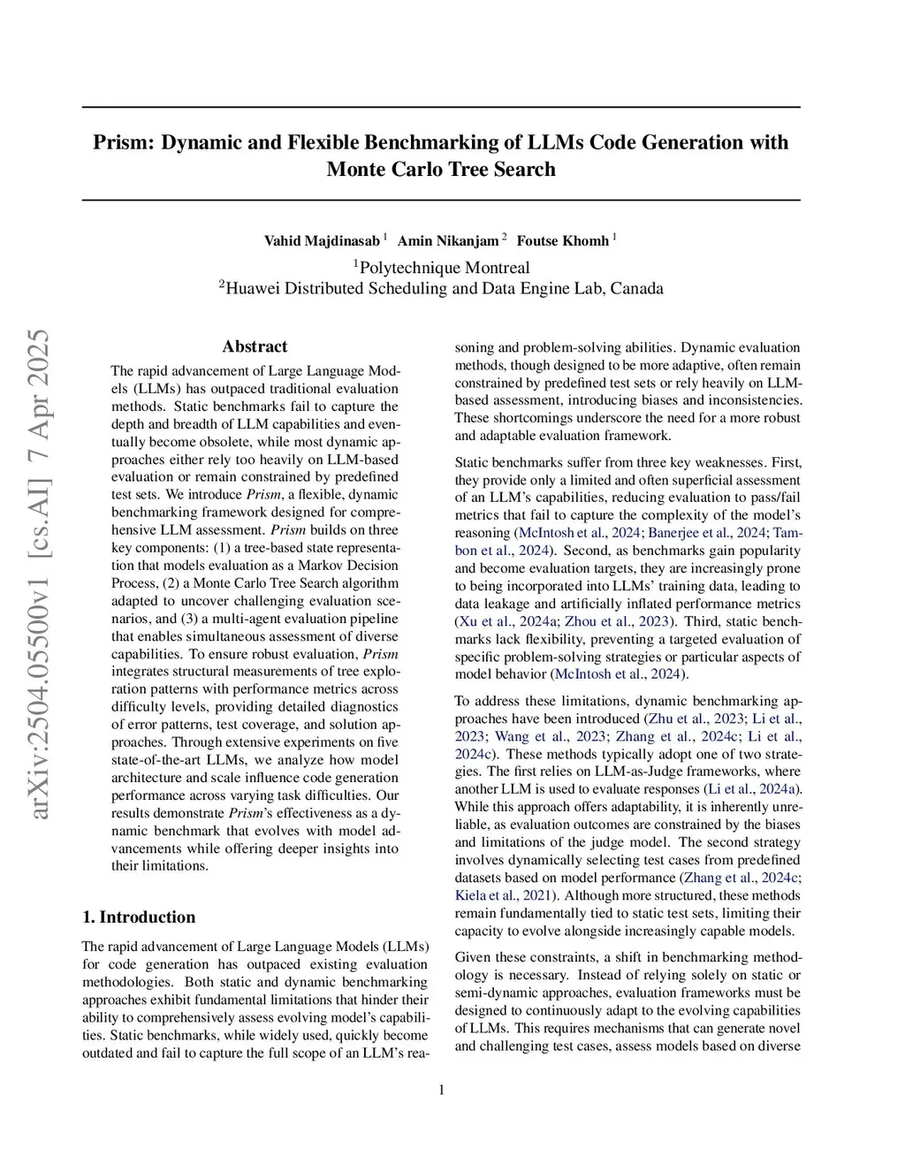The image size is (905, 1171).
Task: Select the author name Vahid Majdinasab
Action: click(322, 240)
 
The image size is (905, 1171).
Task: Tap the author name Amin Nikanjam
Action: click(447, 240)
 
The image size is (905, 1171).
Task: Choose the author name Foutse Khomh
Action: click(562, 240)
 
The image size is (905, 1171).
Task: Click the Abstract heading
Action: click(255, 346)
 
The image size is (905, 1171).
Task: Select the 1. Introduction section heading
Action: click(139, 916)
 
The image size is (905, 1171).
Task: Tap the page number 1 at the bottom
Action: click(441, 1090)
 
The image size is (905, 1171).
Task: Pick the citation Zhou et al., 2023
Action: click(617, 621)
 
